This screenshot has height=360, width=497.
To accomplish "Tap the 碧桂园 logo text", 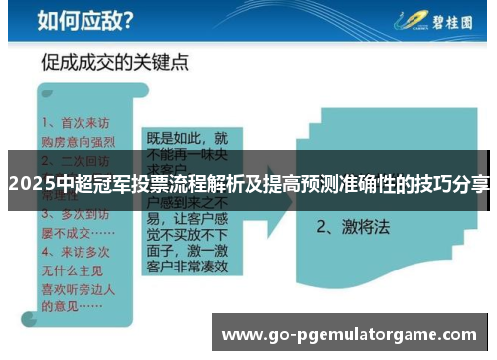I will [x=449, y=19].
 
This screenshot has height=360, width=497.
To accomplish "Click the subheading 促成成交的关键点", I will [x=115, y=64].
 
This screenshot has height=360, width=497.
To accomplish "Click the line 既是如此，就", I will [x=187, y=138].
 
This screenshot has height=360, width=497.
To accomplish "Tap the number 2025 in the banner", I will [x=31, y=183].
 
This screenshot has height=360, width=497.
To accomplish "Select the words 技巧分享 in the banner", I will [x=456, y=183].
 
